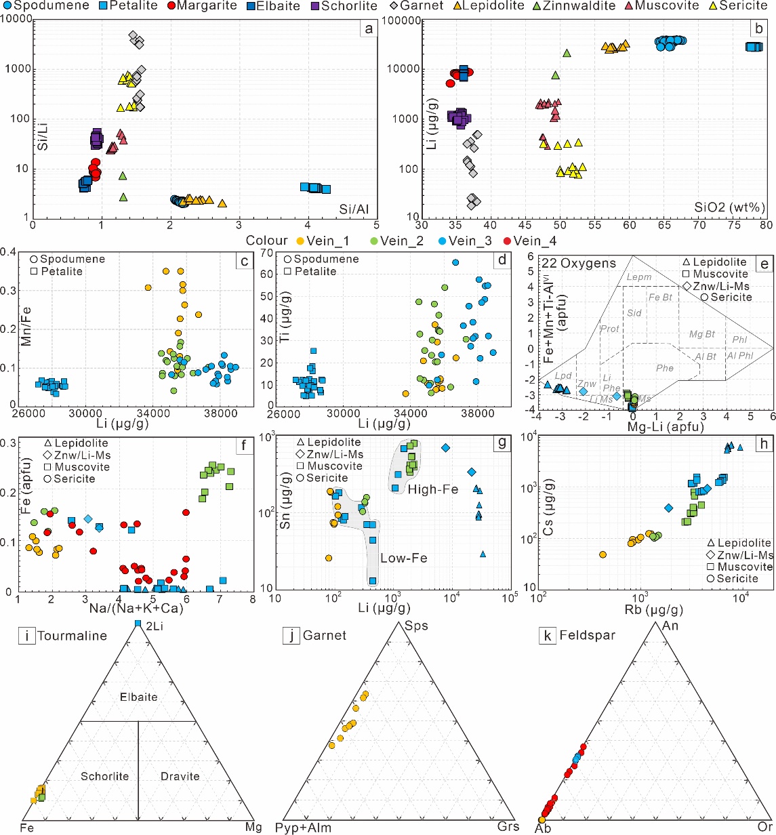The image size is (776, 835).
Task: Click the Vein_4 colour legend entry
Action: (x=535, y=241)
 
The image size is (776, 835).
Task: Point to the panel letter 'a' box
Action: (x=368, y=28)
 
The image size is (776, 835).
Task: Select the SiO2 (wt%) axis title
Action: (x=729, y=207)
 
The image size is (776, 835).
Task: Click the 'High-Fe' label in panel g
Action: (x=433, y=489)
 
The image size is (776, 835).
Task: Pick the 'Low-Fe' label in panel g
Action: (x=403, y=558)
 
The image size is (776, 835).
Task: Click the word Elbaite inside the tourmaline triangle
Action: (x=138, y=697)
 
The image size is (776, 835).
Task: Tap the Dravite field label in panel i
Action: (x=180, y=776)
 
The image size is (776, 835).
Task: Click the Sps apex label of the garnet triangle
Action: (x=416, y=626)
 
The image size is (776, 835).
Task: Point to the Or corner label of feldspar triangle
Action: (x=764, y=828)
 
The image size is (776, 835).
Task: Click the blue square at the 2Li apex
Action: (x=138, y=623)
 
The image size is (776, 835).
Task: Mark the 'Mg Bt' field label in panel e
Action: (x=701, y=334)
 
